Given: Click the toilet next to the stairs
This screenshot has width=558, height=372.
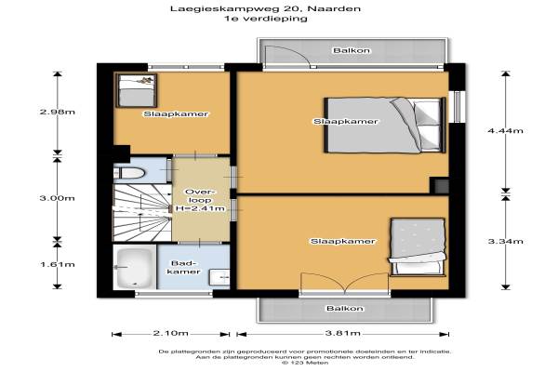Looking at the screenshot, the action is pos(129,173).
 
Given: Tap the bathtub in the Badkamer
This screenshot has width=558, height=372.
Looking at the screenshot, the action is pos(135,267).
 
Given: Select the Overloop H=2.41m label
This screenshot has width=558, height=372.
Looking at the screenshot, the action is pos(200,200).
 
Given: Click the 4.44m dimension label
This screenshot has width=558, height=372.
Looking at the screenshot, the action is pos(505,130).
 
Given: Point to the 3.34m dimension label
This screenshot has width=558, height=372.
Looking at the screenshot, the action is pos(505,242).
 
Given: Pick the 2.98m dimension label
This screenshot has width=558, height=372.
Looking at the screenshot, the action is pos(58,112).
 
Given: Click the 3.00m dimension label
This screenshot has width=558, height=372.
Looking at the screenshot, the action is pos(58,198).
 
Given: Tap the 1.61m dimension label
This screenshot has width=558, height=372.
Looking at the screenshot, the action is pos(58,264).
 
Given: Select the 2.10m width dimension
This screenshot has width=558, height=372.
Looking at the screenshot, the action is pos(171,333).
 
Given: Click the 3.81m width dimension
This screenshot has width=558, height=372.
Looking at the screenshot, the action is pos(342,333).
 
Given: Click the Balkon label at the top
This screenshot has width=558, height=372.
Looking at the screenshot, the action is pos(352,50).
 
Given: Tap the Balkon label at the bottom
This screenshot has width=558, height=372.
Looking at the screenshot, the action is pos(345,308).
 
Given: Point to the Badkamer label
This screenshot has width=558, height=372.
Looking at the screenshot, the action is pos(183,267).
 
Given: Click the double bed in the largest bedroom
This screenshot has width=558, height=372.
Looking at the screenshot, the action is pos(385,125).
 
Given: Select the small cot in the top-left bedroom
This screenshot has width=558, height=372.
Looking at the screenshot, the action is pos(137,90).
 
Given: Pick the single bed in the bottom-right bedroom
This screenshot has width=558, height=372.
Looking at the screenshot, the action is pos(418,247).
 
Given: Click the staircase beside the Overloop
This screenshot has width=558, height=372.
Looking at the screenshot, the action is pos(142,213).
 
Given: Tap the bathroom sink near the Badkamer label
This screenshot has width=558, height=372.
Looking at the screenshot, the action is pos(219,277).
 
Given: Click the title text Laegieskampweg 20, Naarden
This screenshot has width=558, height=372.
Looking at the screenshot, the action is pos(265,8).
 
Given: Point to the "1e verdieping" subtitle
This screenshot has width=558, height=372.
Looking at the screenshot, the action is pos(265,19).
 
